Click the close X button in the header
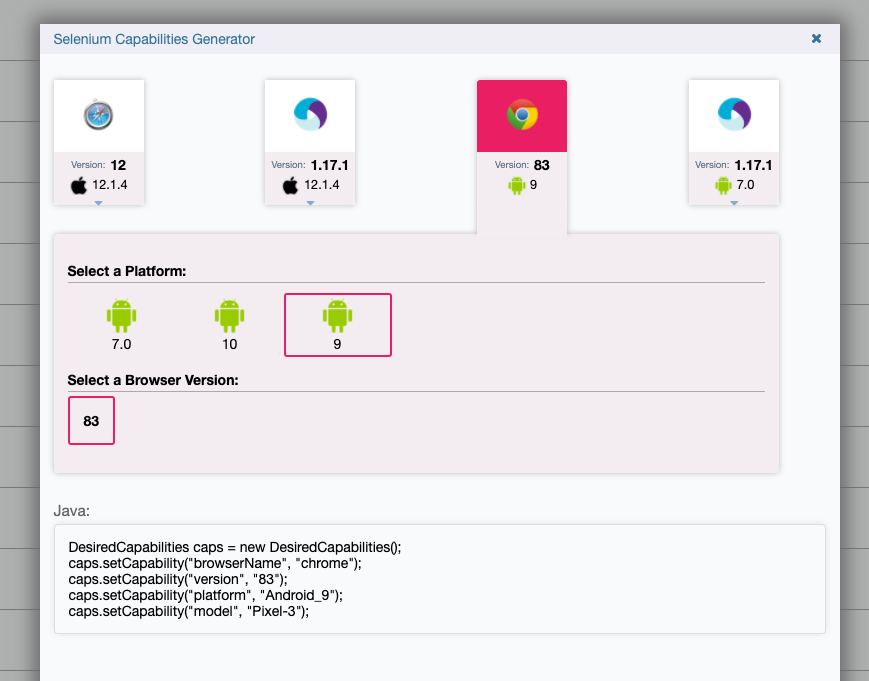tap(816, 38)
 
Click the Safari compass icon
tap(99, 115)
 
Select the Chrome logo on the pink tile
tap(522, 115)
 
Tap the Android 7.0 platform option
tap(121, 325)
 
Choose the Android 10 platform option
tap(229, 325)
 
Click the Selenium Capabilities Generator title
tap(154, 39)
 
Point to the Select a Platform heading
tap(127, 271)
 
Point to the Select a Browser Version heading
tap(153, 380)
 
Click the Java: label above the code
tap(71, 511)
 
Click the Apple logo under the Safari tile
tap(79, 185)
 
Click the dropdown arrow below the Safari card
tap(99, 203)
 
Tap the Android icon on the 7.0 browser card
tap(723, 185)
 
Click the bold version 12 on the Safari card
tap(118, 165)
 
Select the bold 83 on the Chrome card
tap(541, 165)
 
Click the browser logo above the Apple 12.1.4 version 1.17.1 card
tap(310, 114)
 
